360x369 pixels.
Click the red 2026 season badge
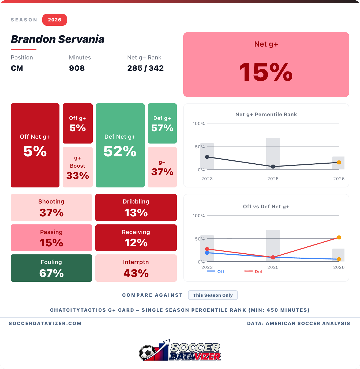(54, 20)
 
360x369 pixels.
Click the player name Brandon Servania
(58, 39)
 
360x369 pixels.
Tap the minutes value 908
(77, 68)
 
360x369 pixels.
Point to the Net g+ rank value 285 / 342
(145, 68)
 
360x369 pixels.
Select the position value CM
(17, 68)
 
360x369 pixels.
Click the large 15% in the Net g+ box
(266, 72)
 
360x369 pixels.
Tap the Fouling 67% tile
(51, 268)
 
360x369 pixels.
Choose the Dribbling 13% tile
(136, 208)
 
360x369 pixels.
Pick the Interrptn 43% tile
(136, 268)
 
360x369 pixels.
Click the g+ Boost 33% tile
(78, 167)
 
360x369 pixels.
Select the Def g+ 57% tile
(162, 123)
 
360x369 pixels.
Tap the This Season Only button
(213, 295)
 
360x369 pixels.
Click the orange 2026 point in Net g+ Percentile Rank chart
(339, 162)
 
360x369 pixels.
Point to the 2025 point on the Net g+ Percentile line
(273, 167)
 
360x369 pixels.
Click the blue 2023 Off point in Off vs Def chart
(207, 253)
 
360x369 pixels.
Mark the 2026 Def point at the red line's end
(339, 238)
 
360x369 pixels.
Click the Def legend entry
(254, 272)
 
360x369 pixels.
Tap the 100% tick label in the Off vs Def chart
(198, 216)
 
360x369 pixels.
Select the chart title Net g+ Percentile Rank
(266, 114)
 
